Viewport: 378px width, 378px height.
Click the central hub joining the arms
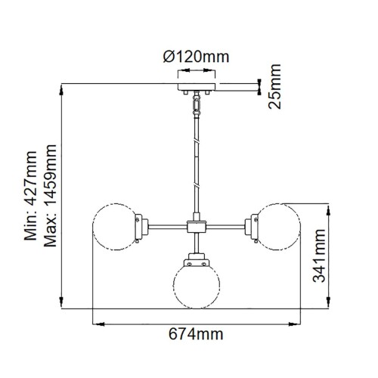(x=196, y=225)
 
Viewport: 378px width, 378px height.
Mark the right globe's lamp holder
(x=250, y=225)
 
